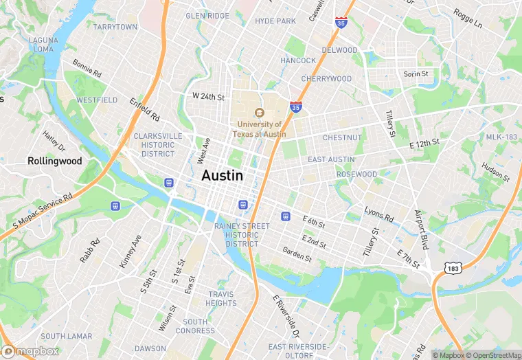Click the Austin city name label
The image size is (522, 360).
click(x=222, y=176)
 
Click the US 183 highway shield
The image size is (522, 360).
click(x=451, y=265)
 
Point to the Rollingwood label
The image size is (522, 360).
click(x=55, y=161)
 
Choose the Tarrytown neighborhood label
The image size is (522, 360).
click(x=115, y=27)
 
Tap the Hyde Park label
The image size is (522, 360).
click(x=275, y=21)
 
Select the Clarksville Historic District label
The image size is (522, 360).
click(x=158, y=145)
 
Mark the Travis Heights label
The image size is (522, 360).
click(x=221, y=299)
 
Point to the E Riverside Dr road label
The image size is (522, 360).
click(x=286, y=317)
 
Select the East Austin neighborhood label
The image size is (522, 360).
click(x=331, y=159)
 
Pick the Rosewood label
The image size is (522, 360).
click(x=356, y=175)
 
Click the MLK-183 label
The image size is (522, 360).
click(x=501, y=137)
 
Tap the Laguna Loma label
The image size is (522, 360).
click(x=43, y=45)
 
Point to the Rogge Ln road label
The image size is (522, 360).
click(x=468, y=18)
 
